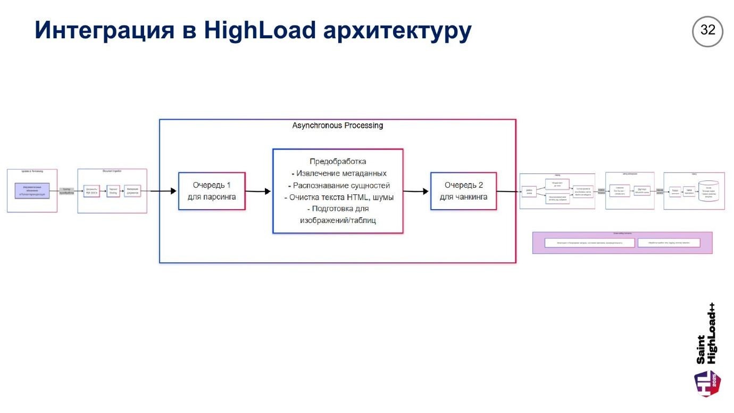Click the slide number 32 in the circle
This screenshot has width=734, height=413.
point(707,31)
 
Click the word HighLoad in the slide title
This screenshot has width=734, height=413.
point(260,30)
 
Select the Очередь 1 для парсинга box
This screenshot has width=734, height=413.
point(212,191)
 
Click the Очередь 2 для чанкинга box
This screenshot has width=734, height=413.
point(463,191)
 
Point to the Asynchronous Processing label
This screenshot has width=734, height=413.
point(337,126)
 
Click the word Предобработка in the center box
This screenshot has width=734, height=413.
point(338,161)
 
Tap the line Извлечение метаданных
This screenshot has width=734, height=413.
point(338,174)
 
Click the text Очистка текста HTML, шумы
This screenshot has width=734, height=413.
point(338,197)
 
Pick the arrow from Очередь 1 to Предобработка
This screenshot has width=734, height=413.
point(258,191)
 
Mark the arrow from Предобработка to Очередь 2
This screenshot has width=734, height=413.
point(416,191)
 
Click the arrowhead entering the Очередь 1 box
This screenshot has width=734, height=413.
point(173,191)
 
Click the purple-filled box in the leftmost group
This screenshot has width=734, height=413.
point(32,191)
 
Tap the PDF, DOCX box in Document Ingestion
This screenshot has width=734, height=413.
point(92,191)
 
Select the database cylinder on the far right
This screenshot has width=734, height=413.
point(709,192)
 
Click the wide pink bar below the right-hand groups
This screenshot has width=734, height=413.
point(622,243)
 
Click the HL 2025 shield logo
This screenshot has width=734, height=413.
point(708,383)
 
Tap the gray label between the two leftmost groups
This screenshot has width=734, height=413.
point(67,191)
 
